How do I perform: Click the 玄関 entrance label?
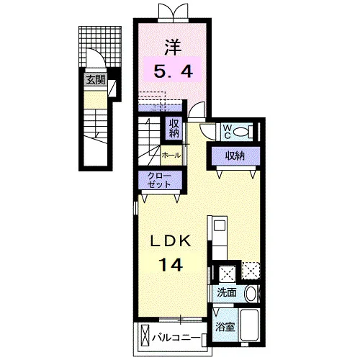pyautogui.click(x=96, y=80)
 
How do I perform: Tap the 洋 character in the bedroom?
pyautogui.click(x=173, y=47)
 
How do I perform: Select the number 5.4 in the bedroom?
pyautogui.click(x=174, y=71)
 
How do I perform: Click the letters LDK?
pyautogui.click(x=171, y=241)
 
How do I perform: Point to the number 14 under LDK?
pyautogui.click(x=171, y=264)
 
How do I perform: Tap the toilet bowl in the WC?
pyautogui.click(x=241, y=132)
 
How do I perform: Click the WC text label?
pyautogui.click(x=227, y=132)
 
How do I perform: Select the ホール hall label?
pyautogui.click(x=171, y=156)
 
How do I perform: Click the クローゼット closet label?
pyautogui.click(x=160, y=180)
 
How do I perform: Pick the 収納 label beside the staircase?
pyautogui.click(x=174, y=128)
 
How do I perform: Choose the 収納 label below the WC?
pyautogui.click(x=235, y=156)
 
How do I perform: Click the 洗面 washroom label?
pyautogui.click(x=227, y=292)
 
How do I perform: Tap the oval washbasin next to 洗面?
pyautogui.click(x=251, y=293)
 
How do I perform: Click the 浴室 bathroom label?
pyautogui.click(x=225, y=327)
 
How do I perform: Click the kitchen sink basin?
pyautogui.click(x=220, y=226)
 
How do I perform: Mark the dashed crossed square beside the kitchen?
pyautogui.click(x=251, y=271)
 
